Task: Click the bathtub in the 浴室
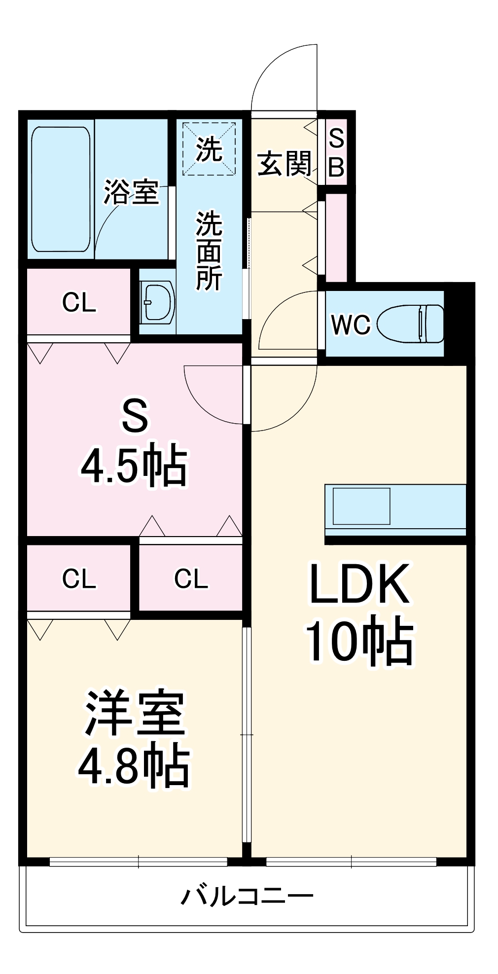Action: [61, 189]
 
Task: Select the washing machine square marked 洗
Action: [209, 148]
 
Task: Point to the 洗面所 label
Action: [209, 251]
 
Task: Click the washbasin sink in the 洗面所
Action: [157, 302]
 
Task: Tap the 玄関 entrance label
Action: [285, 164]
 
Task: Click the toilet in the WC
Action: [411, 324]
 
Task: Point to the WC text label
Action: [351, 325]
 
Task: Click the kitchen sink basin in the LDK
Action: [361, 506]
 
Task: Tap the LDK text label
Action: [359, 584]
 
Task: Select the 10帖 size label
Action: [359, 642]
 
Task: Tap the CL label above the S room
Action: [79, 302]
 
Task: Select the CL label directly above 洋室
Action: [79, 578]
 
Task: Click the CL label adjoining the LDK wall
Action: [191, 578]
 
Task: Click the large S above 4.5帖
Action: [135, 416]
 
